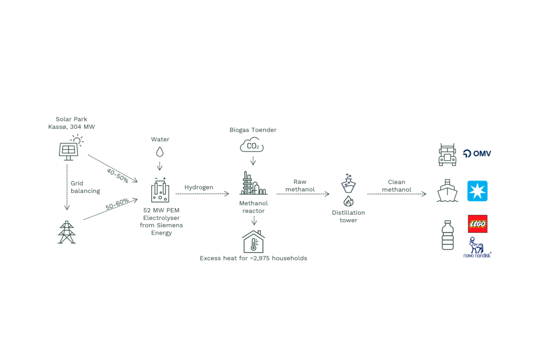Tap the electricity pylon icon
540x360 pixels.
[67, 232]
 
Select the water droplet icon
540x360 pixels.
[160, 152]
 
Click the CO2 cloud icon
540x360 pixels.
[252, 144]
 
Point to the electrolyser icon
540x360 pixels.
[160, 190]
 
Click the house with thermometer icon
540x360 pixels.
[253, 241]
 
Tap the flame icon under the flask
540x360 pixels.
[348, 201]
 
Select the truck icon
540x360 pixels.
[447, 155]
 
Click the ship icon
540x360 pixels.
[447, 190]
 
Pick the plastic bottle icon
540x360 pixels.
[448, 235]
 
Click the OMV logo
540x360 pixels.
[477, 153]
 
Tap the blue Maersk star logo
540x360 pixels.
[477, 191]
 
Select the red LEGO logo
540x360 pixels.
[477, 224]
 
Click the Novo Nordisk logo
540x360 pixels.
[477, 247]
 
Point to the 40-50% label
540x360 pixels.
[117, 175]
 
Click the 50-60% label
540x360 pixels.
[117, 204]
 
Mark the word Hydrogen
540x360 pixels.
[199, 187]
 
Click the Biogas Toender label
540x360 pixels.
[253, 130]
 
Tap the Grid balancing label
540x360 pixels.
[85, 187]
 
